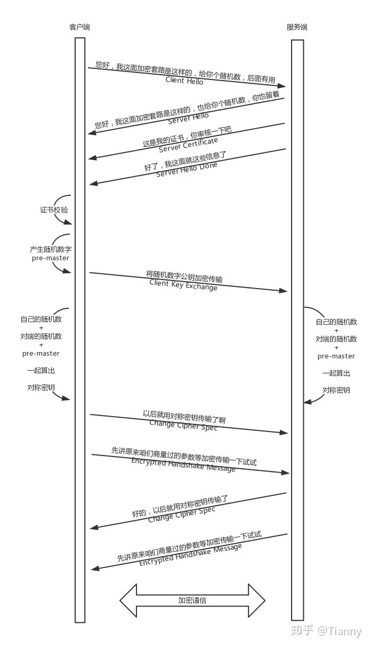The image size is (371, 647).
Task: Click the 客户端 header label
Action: (x=79, y=27)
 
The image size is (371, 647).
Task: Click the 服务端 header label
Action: (x=297, y=27)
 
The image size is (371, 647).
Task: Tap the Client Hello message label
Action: (x=184, y=81)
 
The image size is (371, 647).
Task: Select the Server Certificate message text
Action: (x=188, y=145)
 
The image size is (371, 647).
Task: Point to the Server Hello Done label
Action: (x=187, y=169)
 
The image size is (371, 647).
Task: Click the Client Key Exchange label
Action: (x=183, y=285)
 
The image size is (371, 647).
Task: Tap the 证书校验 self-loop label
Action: (x=54, y=210)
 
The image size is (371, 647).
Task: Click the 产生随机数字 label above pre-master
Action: (x=51, y=249)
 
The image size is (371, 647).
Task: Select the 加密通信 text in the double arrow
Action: (x=192, y=600)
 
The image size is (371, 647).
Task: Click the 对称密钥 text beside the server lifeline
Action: (x=336, y=390)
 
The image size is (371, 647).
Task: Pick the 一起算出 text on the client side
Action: (x=41, y=370)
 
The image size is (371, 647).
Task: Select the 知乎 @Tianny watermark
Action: (x=326, y=631)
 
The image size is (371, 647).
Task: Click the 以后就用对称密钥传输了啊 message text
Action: (x=184, y=417)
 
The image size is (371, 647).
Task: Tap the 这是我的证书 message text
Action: (x=164, y=139)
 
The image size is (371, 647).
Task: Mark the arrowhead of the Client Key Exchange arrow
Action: (x=284, y=291)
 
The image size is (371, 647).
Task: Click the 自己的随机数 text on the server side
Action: (x=336, y=322)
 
